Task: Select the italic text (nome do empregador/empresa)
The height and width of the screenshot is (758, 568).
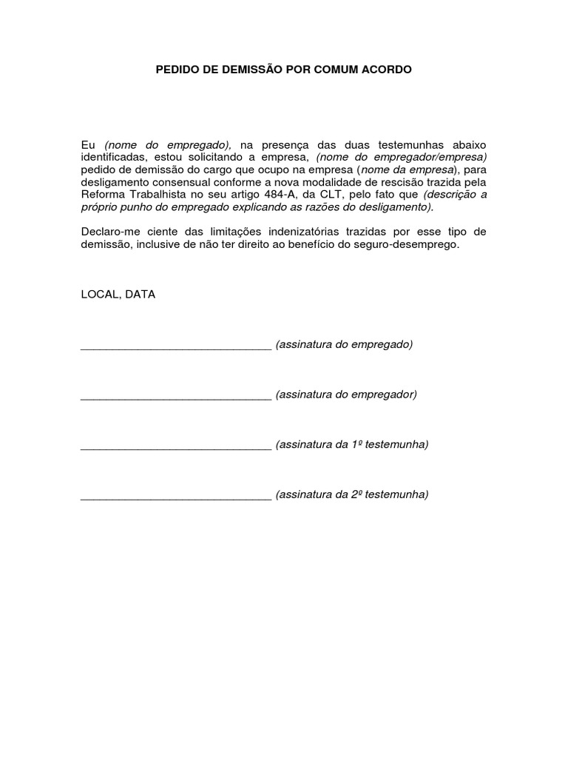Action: [x=402, y=157]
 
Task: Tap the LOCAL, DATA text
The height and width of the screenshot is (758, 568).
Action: [x=118, y=294]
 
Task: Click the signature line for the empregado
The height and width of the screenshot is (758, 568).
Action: [x=176, y=348]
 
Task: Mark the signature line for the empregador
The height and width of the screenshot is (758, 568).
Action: [x=176, y=398]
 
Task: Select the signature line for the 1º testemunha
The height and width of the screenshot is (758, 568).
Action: [x=176, y=448]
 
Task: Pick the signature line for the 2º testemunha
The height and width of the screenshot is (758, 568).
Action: [x=176, y=498]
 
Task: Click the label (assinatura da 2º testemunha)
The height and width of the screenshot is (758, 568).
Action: [x=352, y=494]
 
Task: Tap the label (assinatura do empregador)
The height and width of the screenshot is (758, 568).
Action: [x=346, y=394]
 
